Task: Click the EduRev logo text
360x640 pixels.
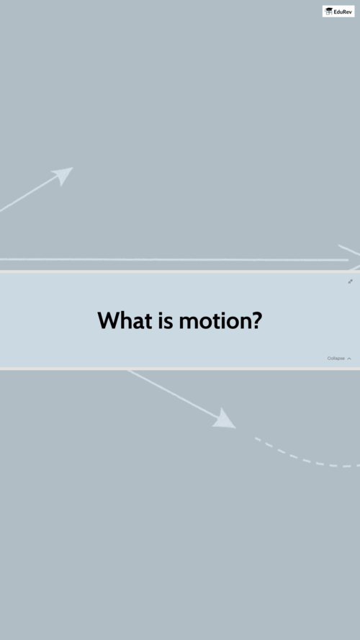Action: [343, 12]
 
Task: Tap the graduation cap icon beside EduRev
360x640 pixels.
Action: [328, 11]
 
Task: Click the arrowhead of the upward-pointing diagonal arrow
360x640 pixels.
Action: [63, 176]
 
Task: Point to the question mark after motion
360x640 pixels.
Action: [254, 320]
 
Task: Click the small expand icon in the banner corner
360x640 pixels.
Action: [350, 281]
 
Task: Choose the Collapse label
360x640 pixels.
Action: [336, 359]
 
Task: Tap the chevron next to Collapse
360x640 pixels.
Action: [349, 359]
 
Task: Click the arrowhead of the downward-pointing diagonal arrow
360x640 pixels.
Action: [225, 419]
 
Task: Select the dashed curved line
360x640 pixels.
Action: [307, 458]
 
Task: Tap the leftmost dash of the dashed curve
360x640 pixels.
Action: [258, 439]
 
